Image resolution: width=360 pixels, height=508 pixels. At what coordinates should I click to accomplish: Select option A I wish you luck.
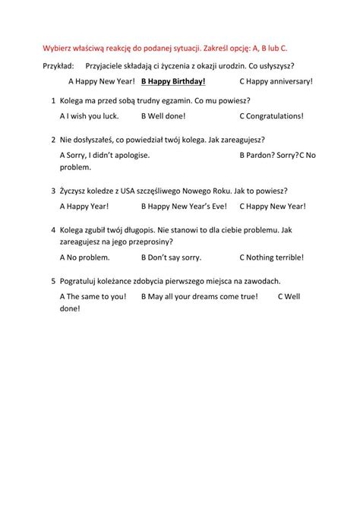click(x=88, y=116)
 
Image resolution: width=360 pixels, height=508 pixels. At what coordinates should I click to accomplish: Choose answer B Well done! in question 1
click(x=163, y=116)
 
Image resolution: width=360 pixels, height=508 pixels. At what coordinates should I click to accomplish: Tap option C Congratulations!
click(x=271, y=116)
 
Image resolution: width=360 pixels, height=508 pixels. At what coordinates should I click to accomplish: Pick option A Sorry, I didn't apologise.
click(x=104, y=155)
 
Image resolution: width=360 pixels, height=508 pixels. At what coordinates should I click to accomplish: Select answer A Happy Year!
click(x=84, y=206)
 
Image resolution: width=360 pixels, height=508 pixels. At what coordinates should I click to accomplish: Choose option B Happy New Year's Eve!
click(x=182, y=206)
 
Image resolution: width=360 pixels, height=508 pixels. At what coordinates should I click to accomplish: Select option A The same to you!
click(x=92, y=296)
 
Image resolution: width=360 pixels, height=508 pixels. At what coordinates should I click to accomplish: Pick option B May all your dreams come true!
click(x=201, y=296)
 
